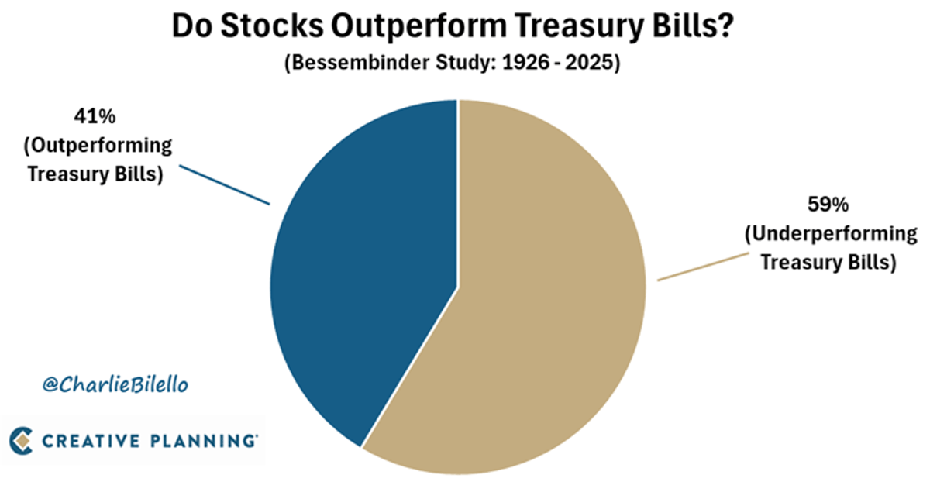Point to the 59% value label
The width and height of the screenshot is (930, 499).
pyautogui.click(x=828, y=208)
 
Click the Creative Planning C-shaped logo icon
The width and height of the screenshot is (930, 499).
pyautogui.click(x=22, y=440)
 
